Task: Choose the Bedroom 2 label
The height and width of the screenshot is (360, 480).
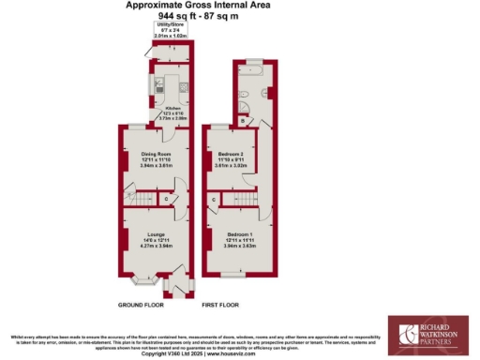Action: (x=231, y=153)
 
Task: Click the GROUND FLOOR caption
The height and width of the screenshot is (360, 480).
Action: (x=141, y=305)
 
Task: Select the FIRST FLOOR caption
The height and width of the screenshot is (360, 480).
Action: (x=221, y=305)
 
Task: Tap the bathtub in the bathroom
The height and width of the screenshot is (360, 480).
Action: (x=253, y=70)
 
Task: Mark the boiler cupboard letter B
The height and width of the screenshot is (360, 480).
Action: (x=242, y=120)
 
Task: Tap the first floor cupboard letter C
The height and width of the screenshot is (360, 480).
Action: (x=215, y=200)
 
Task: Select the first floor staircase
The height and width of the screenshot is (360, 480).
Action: (x=246, y=201)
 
